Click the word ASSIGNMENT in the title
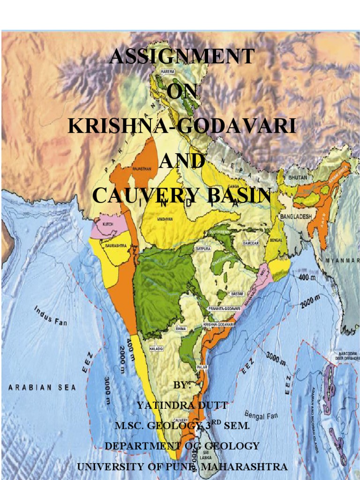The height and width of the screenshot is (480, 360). [182, 57]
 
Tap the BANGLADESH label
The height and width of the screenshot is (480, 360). [296, 217]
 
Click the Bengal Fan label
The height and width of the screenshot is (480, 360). [261, 415]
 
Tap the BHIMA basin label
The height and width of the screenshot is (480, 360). [180, 329]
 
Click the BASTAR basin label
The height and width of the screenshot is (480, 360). [237, 294]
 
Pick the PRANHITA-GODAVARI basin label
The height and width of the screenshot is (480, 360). [225, 308]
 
